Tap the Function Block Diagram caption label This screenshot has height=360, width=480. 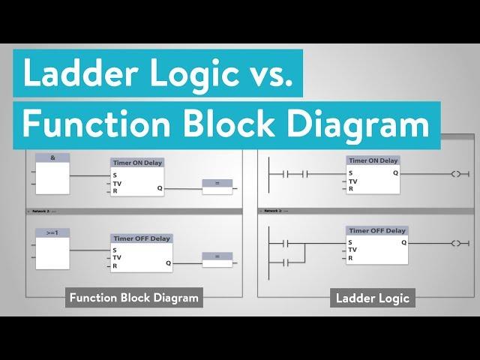[134, 298]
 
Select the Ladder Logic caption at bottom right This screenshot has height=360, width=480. [373, 298]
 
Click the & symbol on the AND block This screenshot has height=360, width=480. [52, 157]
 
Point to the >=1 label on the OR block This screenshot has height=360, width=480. [52, 233]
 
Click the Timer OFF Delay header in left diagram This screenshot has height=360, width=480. [141, 238]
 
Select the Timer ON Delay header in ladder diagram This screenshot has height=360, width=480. [373, 160]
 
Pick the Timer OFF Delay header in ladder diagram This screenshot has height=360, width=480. [377, 231]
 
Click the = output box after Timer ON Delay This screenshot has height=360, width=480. [217, 182]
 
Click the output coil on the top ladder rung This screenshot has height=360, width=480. [457, 173]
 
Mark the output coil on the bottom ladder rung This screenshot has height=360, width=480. [457, 244]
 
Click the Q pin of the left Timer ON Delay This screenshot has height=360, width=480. [159, 188]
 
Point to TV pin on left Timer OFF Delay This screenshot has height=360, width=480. [117, 257]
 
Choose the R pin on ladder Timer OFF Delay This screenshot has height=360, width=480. [350, 258]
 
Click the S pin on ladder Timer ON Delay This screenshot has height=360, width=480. [350, 173]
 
